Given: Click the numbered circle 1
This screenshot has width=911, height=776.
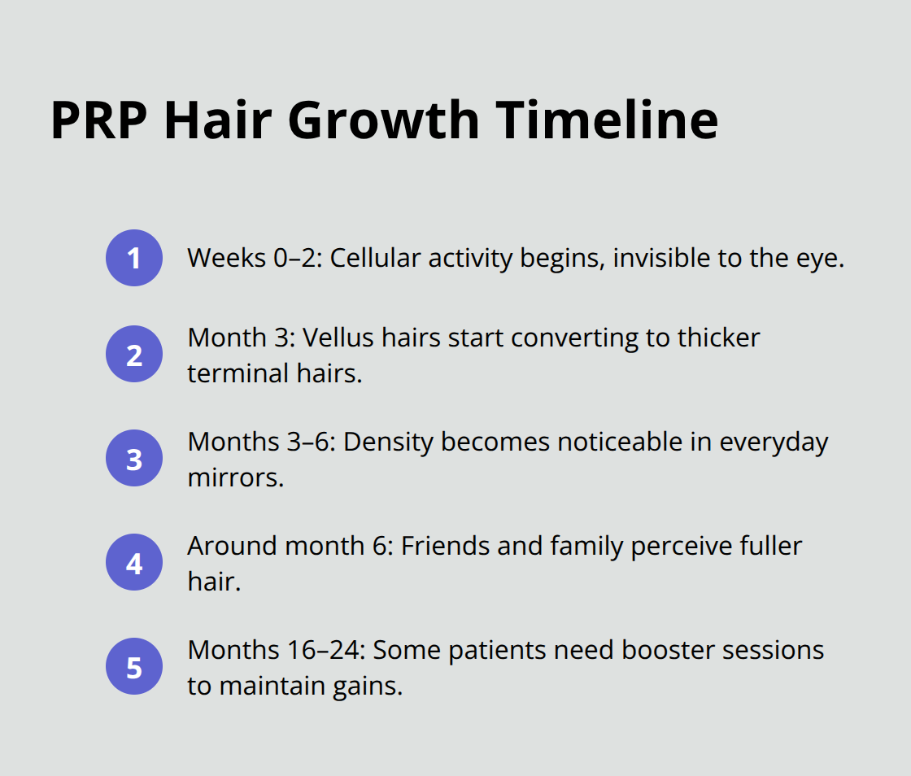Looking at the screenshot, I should point(134,258).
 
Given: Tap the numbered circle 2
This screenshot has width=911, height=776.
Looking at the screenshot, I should point(134,355).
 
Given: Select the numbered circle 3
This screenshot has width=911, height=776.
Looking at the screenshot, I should point(134,459).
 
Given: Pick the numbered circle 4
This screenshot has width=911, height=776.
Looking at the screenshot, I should point(134,563).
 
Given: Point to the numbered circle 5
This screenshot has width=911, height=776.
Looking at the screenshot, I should point(134,667).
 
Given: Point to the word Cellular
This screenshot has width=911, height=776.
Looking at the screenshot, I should point(376,258).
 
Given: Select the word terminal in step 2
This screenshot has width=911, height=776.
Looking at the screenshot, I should point(237,373).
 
